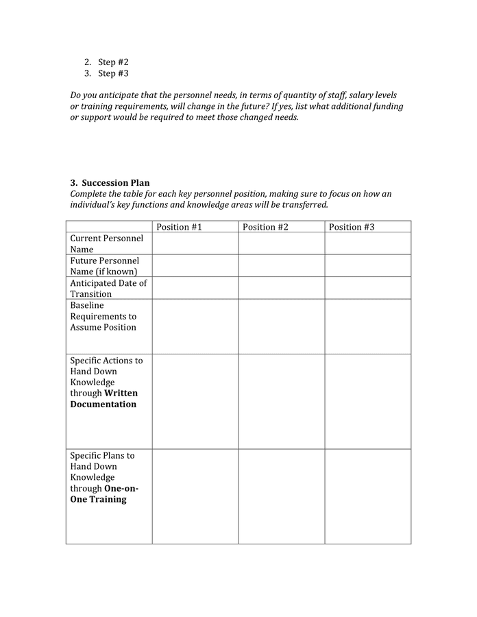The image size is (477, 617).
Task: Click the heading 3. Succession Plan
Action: coord(110,183)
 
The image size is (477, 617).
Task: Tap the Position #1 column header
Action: coord(179,227)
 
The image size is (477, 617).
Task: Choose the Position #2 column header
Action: coord(265,227)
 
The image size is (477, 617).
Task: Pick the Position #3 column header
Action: coord(352,227)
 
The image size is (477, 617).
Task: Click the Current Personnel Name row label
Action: coord(106,244)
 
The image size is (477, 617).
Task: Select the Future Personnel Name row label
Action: coord(104,266)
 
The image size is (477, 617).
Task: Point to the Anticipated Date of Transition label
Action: coord(108,288)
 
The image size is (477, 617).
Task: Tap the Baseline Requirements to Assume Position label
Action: coord(103,316)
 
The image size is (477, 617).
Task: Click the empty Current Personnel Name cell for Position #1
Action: coord(195,244)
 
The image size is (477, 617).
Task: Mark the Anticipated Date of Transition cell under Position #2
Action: coord(282,288)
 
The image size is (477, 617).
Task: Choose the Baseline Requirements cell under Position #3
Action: coord(368,326)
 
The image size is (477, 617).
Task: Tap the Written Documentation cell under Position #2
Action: coord(282,401)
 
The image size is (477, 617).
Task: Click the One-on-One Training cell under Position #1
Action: coord(195,496)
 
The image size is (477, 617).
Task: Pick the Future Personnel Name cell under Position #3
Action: coord(368,266)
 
